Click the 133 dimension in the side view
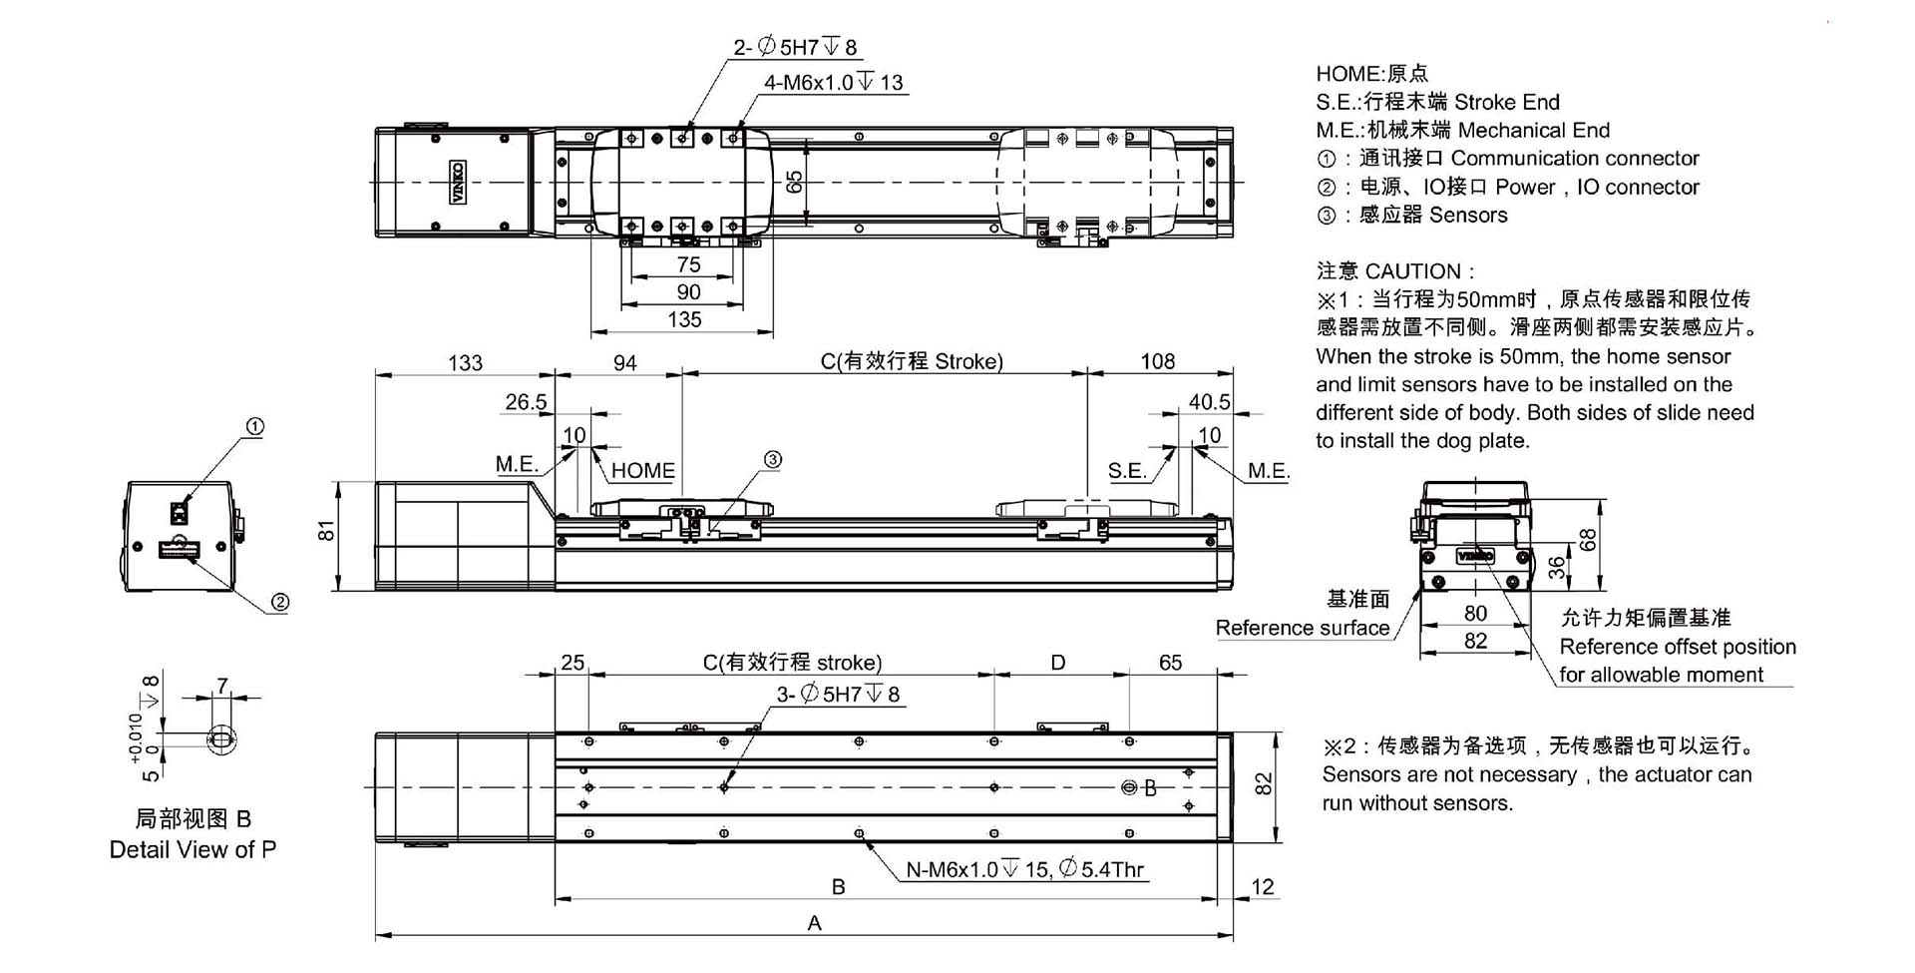pyautogui.click(x=465, y=362)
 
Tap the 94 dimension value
pyautogui.click(x=625, y=362)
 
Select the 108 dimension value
pyautogui.click(x=1157, y=361)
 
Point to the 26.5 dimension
pyautogui.click(x=526, y=402)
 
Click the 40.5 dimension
pyautogui.click(x=1209, y=402)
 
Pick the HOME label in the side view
pyautogui.click(x=642, y=470)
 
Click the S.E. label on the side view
pyautogui.click(x=1127, y=470)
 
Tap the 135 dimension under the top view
pyautogui.click(x=684, y=319)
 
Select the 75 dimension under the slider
pyautogui.click(x=688, y=264)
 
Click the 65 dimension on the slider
pyautogui.click(x=794, y=182)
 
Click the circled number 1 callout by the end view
pyautogui.click(x=255, y=427)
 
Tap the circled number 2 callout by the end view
pyautogui.click(x=280, y=602)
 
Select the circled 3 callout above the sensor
pyautogui.click(x=772, y=459)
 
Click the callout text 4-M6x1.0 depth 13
pyautogui.click(x=833, y=83)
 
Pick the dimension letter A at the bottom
pyautogui.click(x=815, y=923)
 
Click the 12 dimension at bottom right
pyautogui.click(x=1262, y=886)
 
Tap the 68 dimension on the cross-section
pyautogui.click(x=1588, y=539)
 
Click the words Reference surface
pyautogui.click(x=1302, y=628)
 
